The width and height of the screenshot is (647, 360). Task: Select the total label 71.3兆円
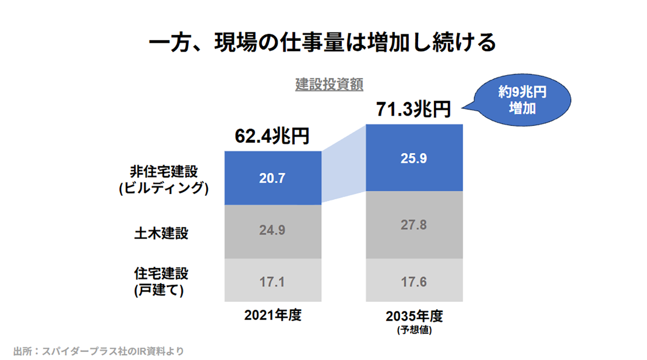click(x=413, y=109)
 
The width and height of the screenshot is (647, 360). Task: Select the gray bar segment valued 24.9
click(x=273, y=231)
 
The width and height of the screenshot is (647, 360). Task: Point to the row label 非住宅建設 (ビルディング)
click(x=164, y=180)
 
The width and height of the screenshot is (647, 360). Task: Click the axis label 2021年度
click(x=273, y=316)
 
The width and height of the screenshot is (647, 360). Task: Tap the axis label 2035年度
click(x=414, y=317)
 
